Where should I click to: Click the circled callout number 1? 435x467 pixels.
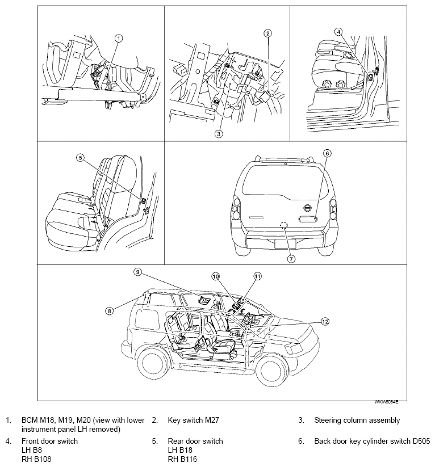tap(118, 38)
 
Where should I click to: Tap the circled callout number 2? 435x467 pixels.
tap(267, 33)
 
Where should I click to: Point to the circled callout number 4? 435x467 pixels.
tap(338, 32)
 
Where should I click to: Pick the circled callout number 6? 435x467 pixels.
tap(327, 153)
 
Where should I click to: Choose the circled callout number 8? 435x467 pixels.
tap(108, 310)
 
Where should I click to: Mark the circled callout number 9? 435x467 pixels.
tap(137, 272)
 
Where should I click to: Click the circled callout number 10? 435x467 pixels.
tap(215, 276)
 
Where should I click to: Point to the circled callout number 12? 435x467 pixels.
tap(324, 321)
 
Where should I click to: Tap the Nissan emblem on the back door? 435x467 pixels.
tap(307, 207)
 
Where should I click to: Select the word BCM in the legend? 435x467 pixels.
tap(29, 420)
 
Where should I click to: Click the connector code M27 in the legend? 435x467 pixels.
tap(210, 420)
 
